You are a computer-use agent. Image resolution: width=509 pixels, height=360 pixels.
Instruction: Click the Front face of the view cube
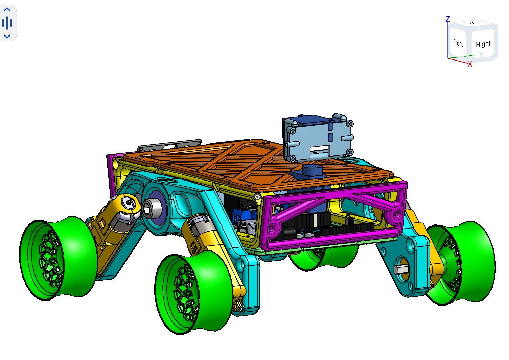457,43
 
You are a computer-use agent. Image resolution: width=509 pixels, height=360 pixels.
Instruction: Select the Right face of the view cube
483,44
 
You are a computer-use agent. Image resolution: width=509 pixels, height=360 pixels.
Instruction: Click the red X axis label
470,64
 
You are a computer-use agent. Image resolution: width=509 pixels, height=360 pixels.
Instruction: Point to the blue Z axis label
448,19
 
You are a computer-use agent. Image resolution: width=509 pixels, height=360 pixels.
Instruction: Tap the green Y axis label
481,54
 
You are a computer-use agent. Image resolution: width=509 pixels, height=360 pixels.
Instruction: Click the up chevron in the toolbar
7,10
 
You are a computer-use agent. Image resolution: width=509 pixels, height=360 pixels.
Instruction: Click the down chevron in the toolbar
7,37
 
